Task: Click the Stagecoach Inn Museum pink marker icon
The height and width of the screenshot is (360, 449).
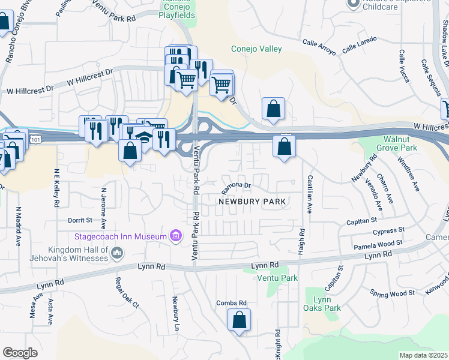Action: pyautogui.click(x=175, y=236)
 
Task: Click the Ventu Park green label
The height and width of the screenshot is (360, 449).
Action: pyautogui.click(x=277, y=278)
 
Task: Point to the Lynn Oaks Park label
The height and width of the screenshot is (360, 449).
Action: pyautogui.click(x=323, y=304)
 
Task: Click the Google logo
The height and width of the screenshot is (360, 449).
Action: pyautogui.click(x=20, y=353)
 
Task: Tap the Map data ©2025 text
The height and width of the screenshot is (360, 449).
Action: pyautogui.click(x=423, y=355)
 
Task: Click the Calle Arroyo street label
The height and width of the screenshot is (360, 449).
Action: pyautogui.click(x=319, y=47)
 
